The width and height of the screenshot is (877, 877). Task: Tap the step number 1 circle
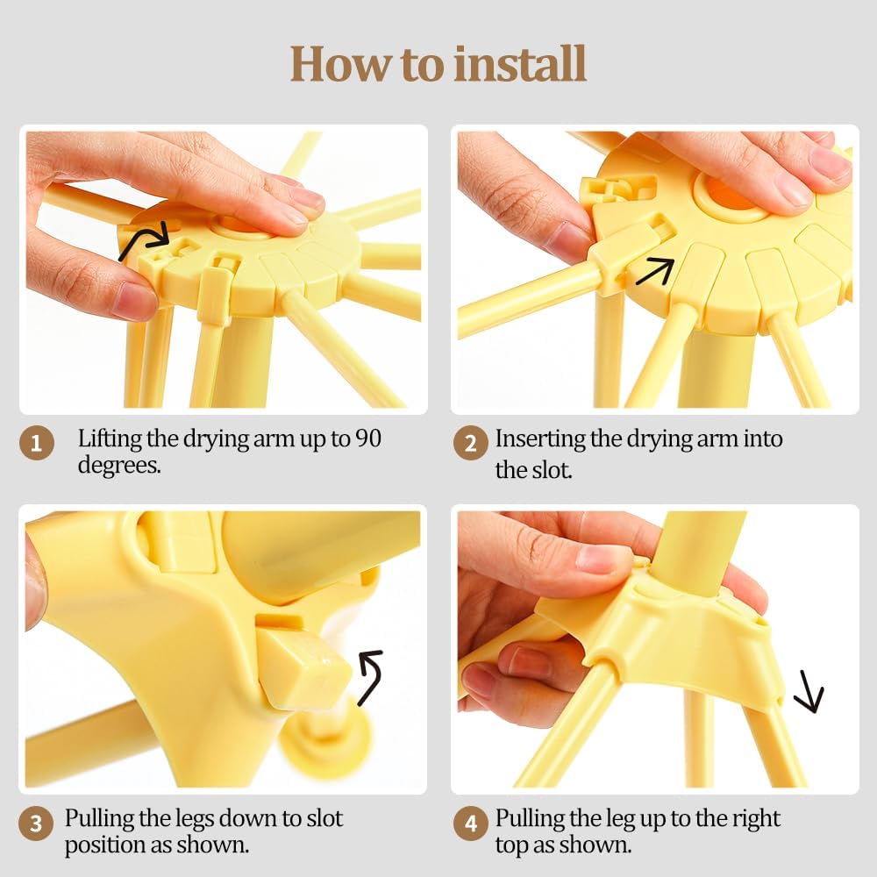point(37,443)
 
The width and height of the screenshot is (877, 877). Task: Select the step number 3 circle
point(37,824)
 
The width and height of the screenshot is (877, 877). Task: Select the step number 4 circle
point(471,824)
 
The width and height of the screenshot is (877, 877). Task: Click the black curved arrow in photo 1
point(144,240)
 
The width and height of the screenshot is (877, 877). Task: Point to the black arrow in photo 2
point(654,270)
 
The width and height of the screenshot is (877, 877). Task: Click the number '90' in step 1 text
point(368,438)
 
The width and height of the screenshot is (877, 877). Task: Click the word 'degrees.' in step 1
point(119,465)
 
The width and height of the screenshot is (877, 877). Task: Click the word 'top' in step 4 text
point(512,845)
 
